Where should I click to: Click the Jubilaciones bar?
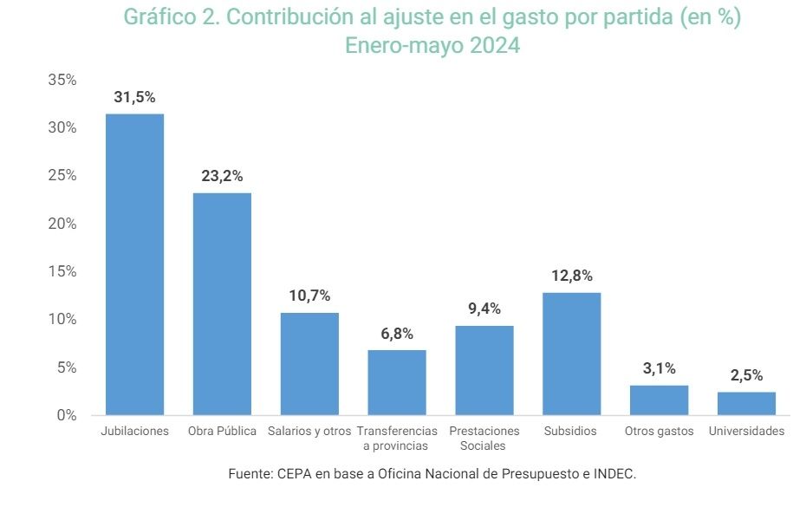(134, 264)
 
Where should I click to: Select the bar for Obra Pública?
(222, 303)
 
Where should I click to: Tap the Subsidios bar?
(572, 354)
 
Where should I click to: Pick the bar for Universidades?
(746, 404)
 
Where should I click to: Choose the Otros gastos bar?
(659, 400)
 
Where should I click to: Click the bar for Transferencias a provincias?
(397, 382)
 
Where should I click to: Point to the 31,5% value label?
(134, 97)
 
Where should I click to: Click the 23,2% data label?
(222, 176)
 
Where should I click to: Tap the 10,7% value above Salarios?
(309, 296)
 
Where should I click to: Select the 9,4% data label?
(484, 309)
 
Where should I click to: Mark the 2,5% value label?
(746, 375)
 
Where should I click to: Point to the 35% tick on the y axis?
(62, 80)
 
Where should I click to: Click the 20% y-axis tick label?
(62, 224)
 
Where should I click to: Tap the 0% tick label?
(67, 415)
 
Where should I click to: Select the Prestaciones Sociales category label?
(484, 438)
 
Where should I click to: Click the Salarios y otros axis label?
(309, 431)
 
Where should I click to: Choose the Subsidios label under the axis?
(570, 431)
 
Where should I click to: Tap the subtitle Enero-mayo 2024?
(432, 46)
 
